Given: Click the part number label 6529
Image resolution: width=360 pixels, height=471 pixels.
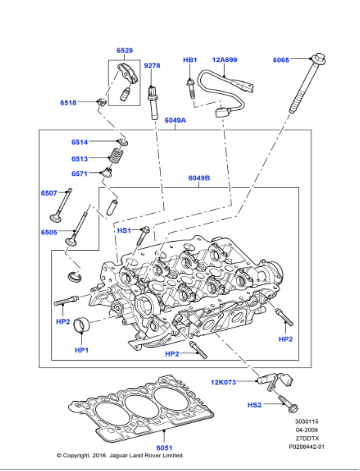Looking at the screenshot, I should (124, 50).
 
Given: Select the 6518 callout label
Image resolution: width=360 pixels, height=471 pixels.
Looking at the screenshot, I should (68, 102).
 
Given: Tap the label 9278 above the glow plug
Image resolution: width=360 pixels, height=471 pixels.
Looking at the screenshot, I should (152, 66).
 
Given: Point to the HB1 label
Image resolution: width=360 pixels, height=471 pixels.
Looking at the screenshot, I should (190, 60).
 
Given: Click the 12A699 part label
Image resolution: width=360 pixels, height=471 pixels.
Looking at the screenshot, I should (224, 60).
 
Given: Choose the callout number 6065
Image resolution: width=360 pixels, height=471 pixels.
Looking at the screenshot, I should (281, 60).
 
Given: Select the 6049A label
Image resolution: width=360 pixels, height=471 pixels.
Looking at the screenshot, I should (175, 121).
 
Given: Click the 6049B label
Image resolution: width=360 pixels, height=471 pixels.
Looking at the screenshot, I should (199, 178).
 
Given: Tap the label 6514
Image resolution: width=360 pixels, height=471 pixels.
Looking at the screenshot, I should (80, 143).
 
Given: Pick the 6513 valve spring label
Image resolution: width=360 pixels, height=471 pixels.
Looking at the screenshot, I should (80, 158).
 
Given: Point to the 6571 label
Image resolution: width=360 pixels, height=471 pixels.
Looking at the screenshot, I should (80, 173).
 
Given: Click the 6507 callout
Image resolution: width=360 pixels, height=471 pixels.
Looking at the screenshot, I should (49, 192).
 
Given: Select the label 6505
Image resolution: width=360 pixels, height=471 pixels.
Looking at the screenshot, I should (49, 232).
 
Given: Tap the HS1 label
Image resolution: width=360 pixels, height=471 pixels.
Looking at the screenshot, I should (124, 231).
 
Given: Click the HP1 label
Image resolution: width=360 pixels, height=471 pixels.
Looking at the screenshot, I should (81, 351).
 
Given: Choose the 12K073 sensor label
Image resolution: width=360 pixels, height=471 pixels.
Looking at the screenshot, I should (224, 383).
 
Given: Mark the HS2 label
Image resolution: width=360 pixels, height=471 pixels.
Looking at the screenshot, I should (226, 404).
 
